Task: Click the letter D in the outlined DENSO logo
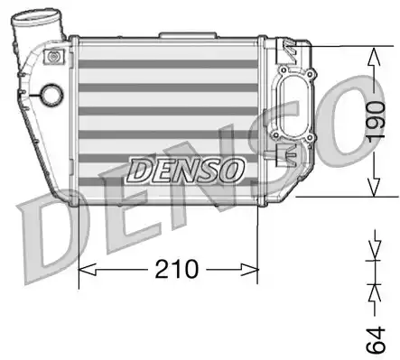pyautogui.click(x=141, y=168)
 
